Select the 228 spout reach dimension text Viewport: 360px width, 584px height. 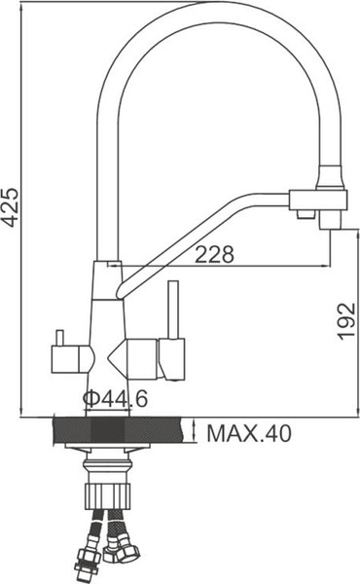click(215, 255)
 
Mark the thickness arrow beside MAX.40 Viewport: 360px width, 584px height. click(196, 432)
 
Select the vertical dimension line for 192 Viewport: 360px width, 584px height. click(330, 331)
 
